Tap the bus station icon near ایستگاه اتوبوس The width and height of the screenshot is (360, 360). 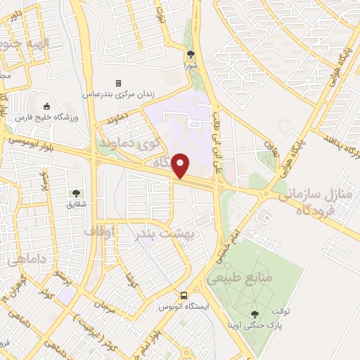point(184,295)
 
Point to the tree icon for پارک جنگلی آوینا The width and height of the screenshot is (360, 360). point(255,314)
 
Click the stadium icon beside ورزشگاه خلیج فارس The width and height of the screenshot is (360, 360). point(46,105)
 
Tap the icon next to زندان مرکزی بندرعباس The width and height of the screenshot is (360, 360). point(118,83)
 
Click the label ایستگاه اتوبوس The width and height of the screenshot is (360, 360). point(181,307)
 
